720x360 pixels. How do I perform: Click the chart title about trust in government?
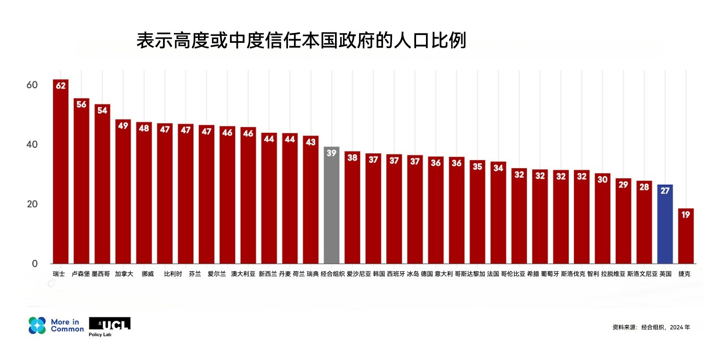301,41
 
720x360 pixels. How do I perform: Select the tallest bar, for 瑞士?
60,172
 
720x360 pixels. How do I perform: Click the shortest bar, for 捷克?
686,236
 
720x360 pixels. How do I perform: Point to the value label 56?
82,105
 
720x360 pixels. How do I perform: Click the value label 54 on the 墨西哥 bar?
102,111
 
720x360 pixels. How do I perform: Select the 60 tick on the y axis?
32,85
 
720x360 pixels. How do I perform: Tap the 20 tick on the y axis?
32,204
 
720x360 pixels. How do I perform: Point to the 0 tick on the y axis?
34,263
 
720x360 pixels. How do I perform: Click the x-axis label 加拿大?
123,274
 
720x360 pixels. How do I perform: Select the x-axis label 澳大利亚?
243,274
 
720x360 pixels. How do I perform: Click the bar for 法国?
498,212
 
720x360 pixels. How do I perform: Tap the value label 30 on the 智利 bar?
602,180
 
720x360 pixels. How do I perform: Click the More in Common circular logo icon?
37,325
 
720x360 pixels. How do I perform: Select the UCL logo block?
109,324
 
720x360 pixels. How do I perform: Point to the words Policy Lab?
100,335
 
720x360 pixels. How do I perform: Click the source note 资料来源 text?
651,327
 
